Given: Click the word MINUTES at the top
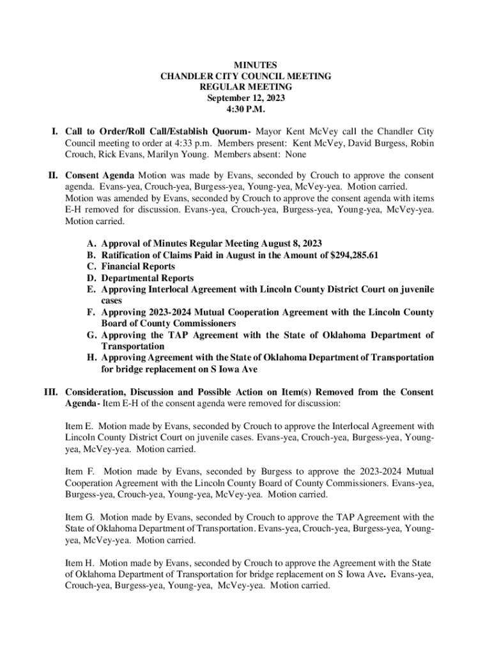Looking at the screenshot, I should (246, 65).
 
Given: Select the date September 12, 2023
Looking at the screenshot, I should (246, 98).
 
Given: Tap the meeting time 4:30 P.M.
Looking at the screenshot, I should (246, 109).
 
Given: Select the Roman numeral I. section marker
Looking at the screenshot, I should (56, 132).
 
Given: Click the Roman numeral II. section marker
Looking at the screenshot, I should (54, 175).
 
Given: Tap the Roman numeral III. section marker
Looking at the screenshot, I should (52, 392).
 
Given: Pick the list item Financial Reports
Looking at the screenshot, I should (137, 266).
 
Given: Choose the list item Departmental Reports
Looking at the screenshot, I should (148, 278).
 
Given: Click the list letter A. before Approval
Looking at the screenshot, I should (91, 243).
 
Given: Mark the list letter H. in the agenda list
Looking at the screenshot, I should (91, 358).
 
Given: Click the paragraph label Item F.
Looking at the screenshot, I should (80, 471).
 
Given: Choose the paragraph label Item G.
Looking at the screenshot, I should (80, 517).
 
